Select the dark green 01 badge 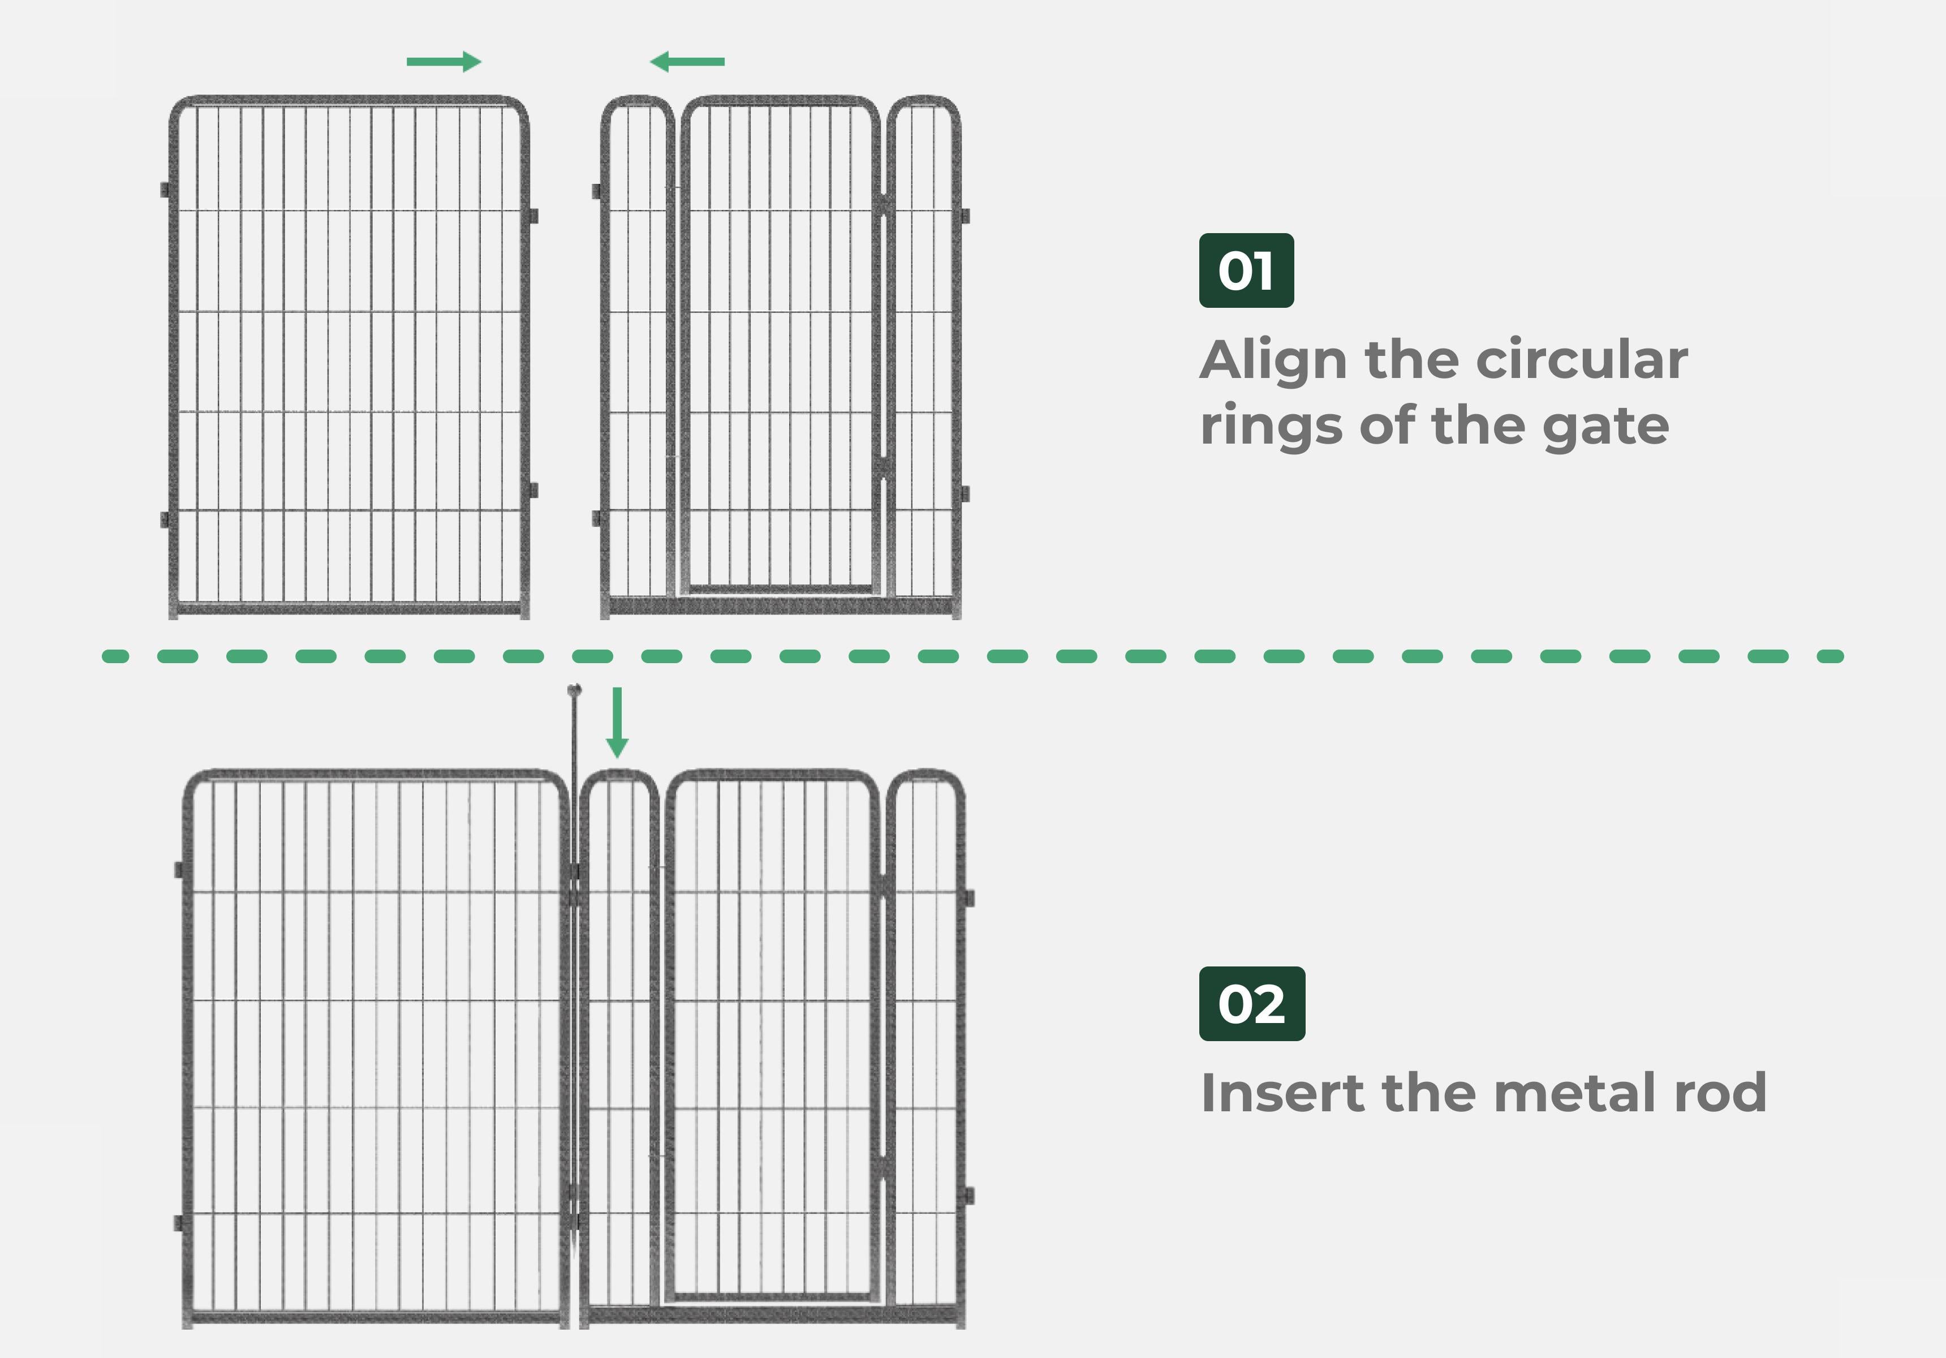[x=1246, y=270]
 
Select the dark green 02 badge [x=1252, y=1004]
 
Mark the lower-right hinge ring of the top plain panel [x=533, y=490]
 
